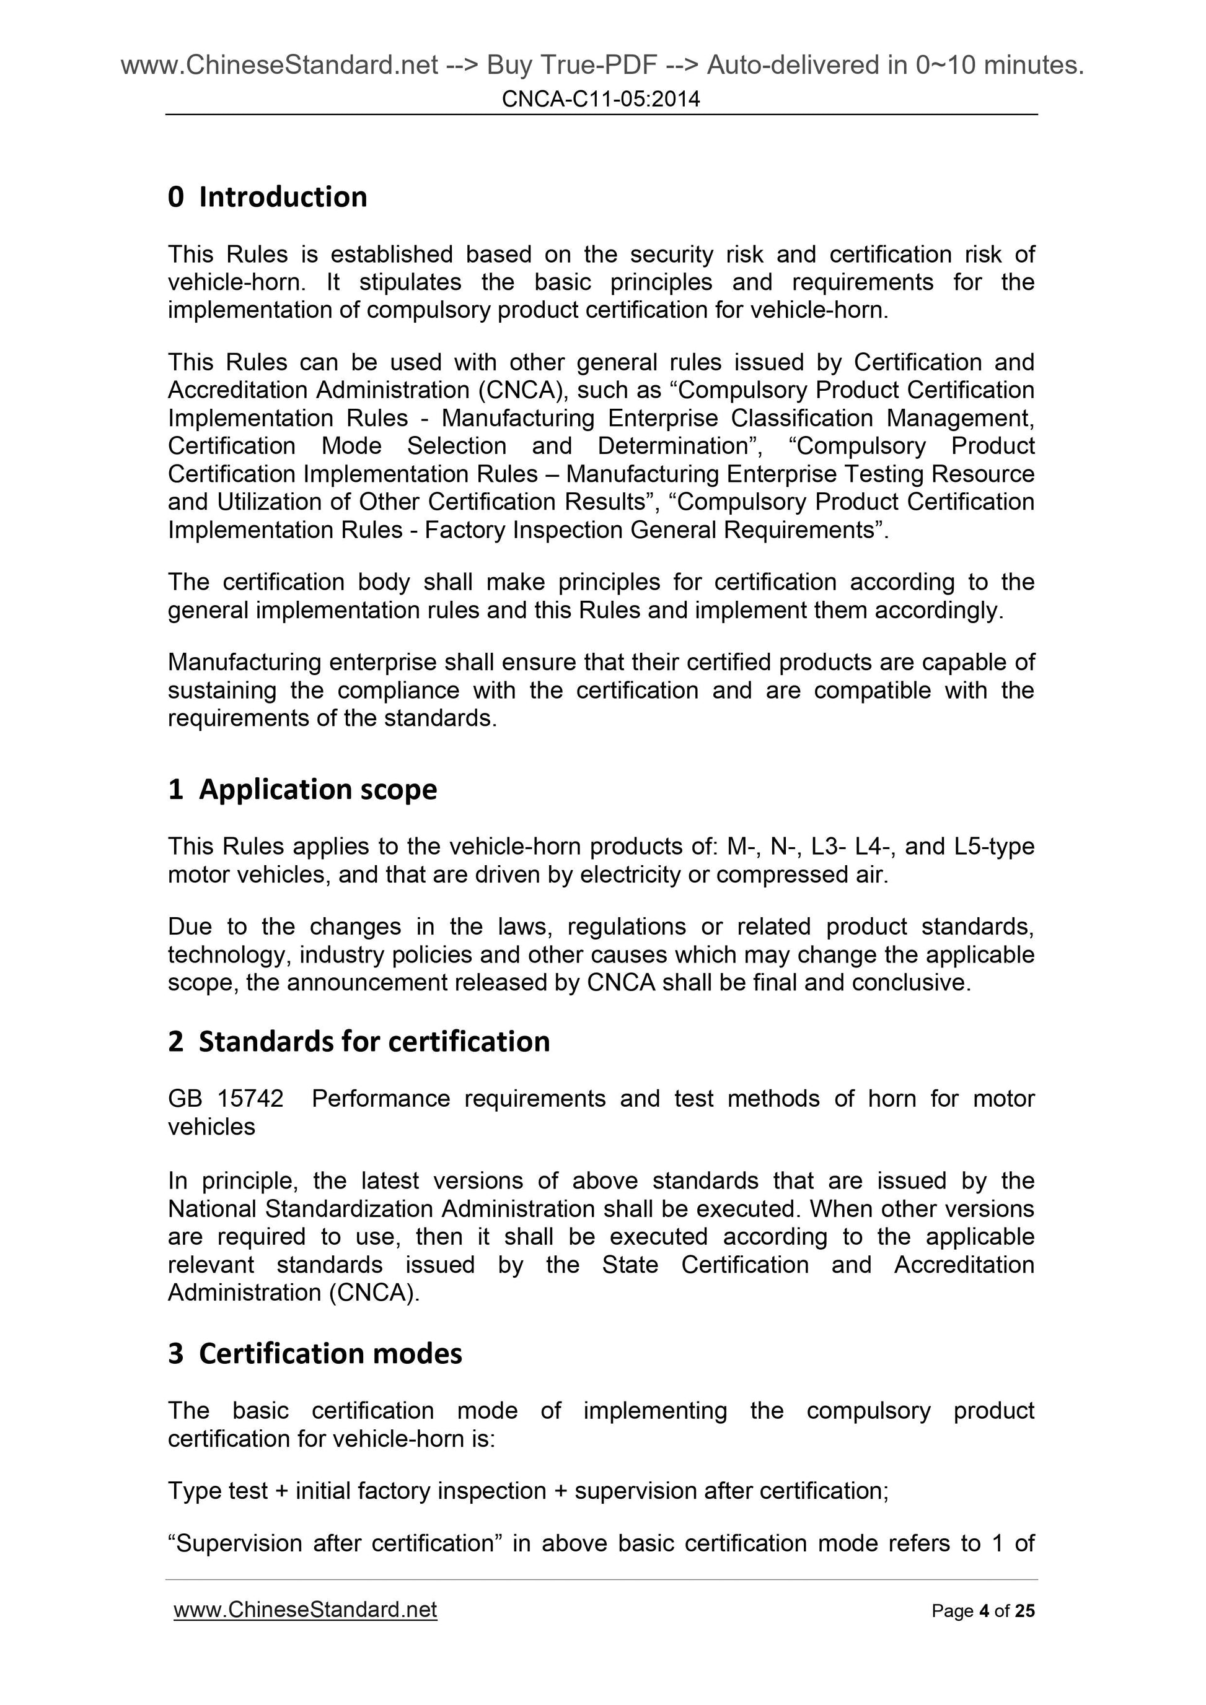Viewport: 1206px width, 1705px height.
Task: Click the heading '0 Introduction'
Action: [x=268, y=198]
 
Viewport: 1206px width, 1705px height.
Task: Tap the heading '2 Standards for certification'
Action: [x=359, y=1042]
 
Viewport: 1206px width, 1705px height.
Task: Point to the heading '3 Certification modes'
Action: [x=315, y=1354]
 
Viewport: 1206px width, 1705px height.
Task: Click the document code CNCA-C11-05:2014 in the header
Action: [x=601, y=98]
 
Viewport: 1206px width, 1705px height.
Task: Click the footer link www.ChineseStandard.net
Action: [x=305, y=1610]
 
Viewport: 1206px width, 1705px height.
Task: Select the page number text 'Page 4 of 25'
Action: [x=982, y=1611]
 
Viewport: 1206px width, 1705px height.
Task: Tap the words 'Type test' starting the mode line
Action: [x=217, y=1491]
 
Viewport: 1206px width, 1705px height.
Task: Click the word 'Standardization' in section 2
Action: [x=350, y=1209]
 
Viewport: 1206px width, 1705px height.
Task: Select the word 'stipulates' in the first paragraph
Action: [x=410, y=282]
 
